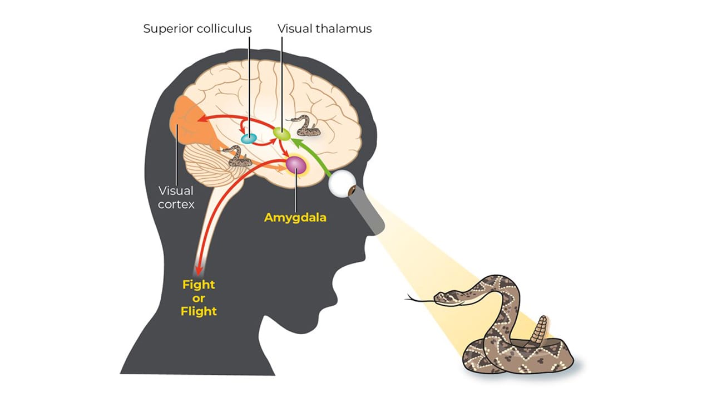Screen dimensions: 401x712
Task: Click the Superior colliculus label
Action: pos(197,28)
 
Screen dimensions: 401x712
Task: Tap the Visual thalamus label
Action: pos(324,28)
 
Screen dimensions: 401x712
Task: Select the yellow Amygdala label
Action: pos(295,217)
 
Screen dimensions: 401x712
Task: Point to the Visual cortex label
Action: pos(176,198)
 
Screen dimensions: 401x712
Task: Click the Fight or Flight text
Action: pos(199,298)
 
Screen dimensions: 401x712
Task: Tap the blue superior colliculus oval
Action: pos(249,138)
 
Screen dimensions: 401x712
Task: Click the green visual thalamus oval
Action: pos(281,134)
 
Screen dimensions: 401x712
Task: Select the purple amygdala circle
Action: pos(295,165)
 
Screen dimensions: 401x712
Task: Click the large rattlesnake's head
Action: pos(444,297)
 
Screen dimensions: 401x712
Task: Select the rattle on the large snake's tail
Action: pos(539,331)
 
